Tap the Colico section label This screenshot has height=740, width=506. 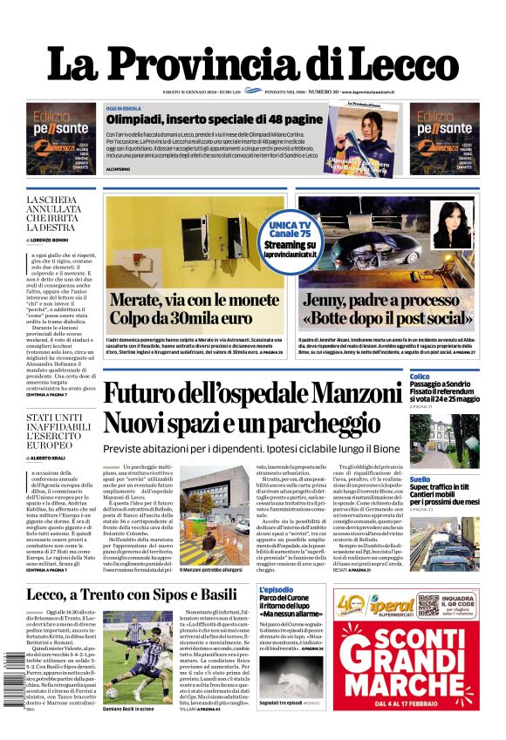pos(420,377)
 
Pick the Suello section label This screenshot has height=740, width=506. pos(420,479)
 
